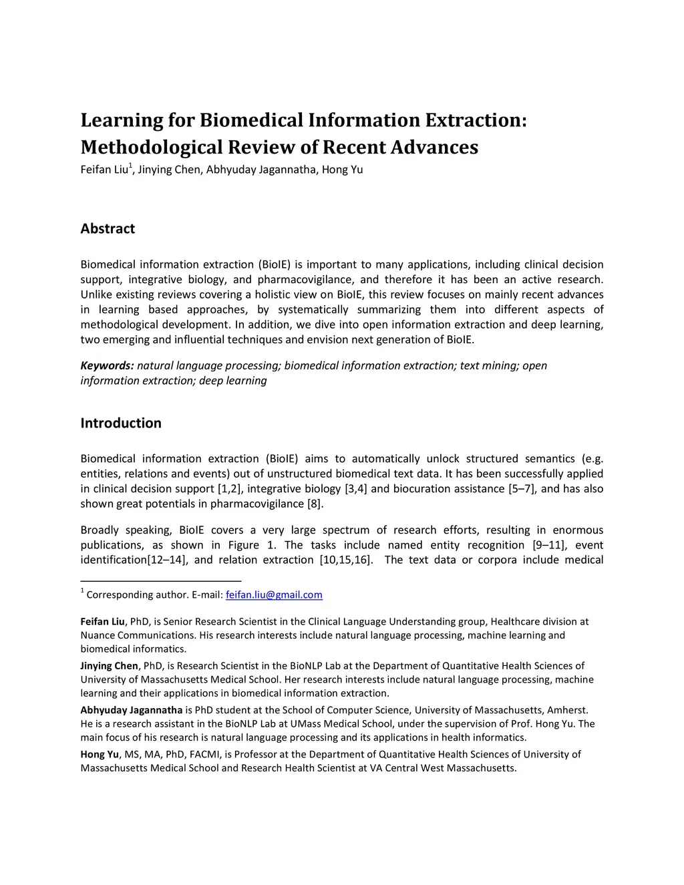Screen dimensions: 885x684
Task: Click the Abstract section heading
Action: point(108,228)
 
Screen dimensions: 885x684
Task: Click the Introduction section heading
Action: point(121,423)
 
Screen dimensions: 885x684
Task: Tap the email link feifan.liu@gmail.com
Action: point(274,594)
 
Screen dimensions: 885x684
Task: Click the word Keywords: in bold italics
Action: point(108,365)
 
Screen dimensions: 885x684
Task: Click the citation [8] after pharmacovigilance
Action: point(315,504)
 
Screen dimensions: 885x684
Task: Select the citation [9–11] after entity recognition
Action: point(548,545)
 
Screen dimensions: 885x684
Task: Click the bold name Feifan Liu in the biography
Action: point(102,621)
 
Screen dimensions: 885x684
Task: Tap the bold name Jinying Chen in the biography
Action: point(109,665)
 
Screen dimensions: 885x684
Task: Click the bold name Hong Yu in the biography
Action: point(100,754)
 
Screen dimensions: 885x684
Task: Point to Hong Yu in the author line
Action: point(342,170)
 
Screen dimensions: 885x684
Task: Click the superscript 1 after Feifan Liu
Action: point(130,166)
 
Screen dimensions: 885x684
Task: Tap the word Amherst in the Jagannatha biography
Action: point(566,710)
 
